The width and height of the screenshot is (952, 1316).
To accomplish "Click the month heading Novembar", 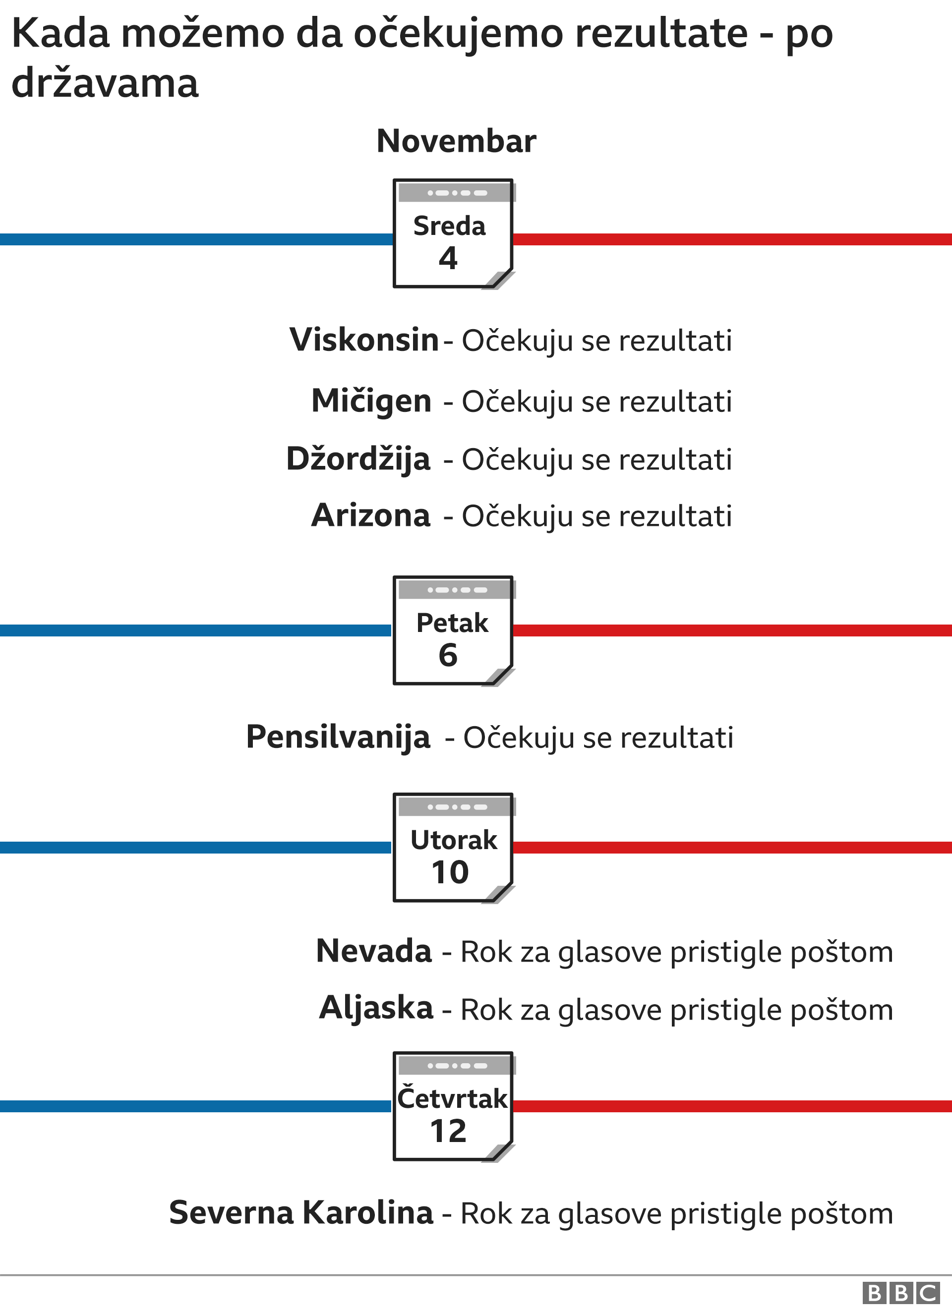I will pos(456,141).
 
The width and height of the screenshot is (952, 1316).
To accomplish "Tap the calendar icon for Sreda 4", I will pos(453,234).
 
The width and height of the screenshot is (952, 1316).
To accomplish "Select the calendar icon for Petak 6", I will pos(453,630).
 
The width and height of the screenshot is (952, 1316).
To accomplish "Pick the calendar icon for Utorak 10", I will pos(453,848).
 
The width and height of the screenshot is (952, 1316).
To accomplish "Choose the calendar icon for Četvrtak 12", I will pos(453,1106).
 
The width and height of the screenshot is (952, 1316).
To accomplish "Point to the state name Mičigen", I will pos(371,401).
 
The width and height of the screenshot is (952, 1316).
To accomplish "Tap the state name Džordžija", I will pos(358,459).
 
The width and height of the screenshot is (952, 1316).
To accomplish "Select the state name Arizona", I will pos(371,515).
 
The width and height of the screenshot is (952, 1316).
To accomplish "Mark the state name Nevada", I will pos(374,951).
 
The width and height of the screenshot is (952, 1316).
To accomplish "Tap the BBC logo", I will pos(901,1293).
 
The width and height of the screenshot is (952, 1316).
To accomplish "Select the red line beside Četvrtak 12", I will pos(731,1106).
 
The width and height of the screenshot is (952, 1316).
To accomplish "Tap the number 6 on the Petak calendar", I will pos(448,655).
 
